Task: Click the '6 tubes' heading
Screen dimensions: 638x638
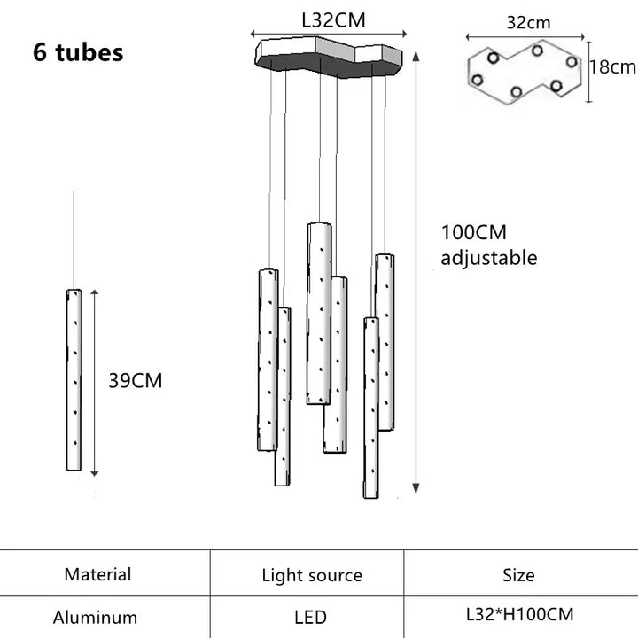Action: (78, 51)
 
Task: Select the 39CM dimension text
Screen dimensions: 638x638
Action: (136, 381)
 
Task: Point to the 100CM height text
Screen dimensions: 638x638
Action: (474, 233)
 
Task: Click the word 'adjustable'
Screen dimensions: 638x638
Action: (489, 258)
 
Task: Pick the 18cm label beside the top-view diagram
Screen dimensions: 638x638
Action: (613, 66)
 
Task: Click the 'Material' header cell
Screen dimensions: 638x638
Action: (97, 574)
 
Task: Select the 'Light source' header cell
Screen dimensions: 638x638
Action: (312, 575)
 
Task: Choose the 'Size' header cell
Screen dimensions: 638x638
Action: (518, 575)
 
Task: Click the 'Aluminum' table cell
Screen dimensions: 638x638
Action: (95, 617)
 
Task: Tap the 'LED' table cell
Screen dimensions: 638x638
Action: (310, 617)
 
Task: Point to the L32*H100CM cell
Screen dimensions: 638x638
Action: (519, 613)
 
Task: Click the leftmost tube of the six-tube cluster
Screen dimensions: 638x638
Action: (267, 360)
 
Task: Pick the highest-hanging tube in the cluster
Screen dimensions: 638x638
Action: (318, 313)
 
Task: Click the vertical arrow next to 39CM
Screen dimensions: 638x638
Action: (95, 381)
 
